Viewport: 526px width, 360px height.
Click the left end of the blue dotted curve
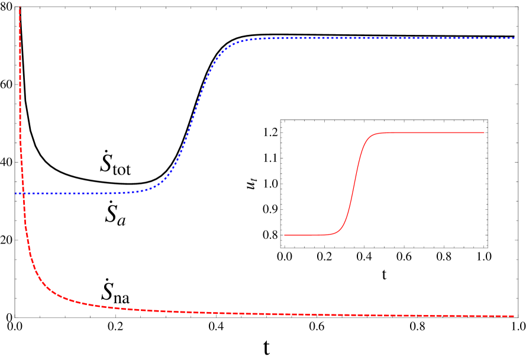pyautogui.click(x=16, y=193)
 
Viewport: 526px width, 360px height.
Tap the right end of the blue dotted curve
pyautogui.click(x=514, y=38)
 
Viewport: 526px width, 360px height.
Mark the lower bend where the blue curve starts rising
pyautogui.click(x=155, y=187)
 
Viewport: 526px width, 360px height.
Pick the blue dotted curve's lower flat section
pyautogui.click(x=77, y=193)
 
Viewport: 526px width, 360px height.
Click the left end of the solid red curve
pyautogui.click(x=285, y=235)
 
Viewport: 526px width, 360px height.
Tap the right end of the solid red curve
pyautogui.click(x=484, y=132)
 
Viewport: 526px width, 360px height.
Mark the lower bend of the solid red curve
pyautogui.click(x=341, y=230)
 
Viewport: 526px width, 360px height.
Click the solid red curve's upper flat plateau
pyautogui.click(x=432, y=132)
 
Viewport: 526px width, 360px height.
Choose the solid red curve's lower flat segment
pyautogui.click(x=311, y=235)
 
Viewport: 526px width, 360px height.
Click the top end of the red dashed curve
pyautogui.click(x=20, y=8)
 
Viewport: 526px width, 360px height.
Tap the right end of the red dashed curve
pyautogui.click(x=514, y=316)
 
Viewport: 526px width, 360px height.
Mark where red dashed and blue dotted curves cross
pyautogui.click(x=23, y=193)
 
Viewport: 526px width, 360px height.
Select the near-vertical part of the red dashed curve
pyautogui.click(x=20, y=89)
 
